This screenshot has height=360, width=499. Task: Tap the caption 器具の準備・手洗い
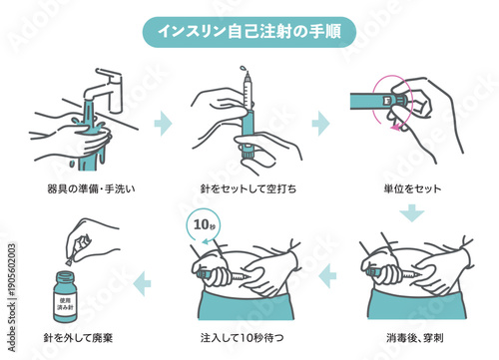point(81,188)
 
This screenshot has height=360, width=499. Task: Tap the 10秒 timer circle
point(203,223)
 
